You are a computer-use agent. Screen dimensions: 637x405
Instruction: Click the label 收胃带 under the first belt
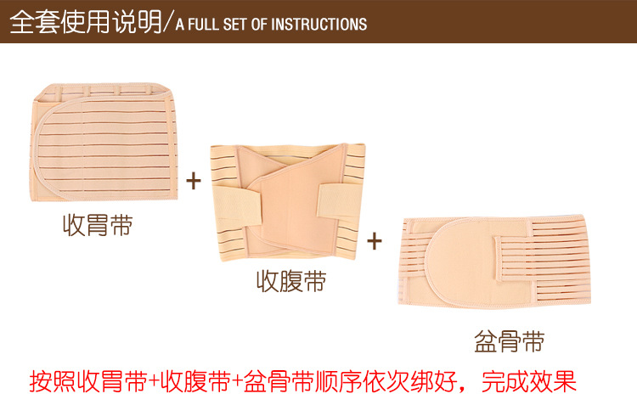pyautogui.click(x=98, y=225)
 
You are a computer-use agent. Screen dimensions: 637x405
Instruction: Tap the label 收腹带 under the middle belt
pyautogui.click(x=291, y=281)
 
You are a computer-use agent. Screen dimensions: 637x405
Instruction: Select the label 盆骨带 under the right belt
pyautogui.click(x=510, y=341)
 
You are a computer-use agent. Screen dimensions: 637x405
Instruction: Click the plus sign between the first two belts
pyautogui.click(x=194, y=181)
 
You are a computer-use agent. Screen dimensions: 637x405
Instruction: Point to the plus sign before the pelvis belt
pyautogui.click(x=375, y=241)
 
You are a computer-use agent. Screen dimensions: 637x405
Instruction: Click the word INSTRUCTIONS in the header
pyautogui.click(x=318, y=25)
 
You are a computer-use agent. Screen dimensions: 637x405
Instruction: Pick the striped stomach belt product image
pyautogui.click(x=104, y=142)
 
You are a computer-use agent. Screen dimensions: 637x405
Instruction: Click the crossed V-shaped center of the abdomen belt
pyautogui.click(x=290, y=195)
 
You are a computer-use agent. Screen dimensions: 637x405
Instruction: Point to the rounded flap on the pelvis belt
pyautogui.click(x=459, y=263)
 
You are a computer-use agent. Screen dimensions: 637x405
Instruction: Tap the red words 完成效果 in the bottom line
pyautogui.click(x=529, y=381)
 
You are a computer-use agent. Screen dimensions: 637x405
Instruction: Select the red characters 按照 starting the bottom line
pyautogui.click(x=53, y=381)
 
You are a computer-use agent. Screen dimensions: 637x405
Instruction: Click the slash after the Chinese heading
pyautogui.click(x=168, y=23)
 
